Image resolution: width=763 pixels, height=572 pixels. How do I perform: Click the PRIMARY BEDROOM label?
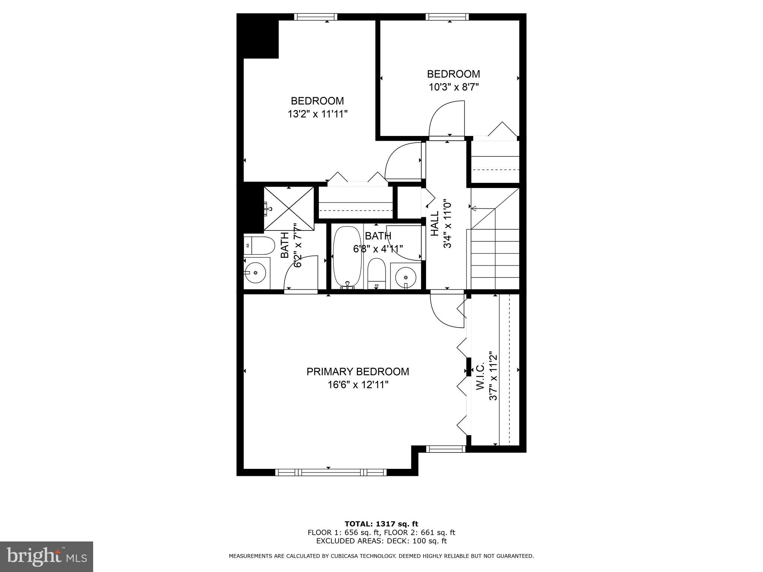[x=358, y=372]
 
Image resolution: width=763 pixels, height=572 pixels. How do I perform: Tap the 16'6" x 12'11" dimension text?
[x=358, y=385]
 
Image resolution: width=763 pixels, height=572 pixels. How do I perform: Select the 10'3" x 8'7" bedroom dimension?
[x=453, y=87]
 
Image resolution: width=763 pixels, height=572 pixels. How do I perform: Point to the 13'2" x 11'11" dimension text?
[x=317, y=114]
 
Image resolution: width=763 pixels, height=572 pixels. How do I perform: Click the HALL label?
[x=435, y=223]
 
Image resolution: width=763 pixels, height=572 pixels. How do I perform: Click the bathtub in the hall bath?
[x=347, y=257]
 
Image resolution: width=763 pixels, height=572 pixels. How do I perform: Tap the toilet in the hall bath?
[x=376, y=273]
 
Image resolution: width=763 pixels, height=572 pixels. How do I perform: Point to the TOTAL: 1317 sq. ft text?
[x=381, y=524]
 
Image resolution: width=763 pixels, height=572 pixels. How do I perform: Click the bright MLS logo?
[x=47, y=557]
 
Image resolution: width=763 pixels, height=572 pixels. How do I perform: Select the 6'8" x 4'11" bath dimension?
[x=378, y=249]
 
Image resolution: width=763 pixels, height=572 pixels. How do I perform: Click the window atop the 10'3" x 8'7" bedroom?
[x=447, y=17]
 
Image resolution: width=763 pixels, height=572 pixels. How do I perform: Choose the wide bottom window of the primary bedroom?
[x=331, y=472]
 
